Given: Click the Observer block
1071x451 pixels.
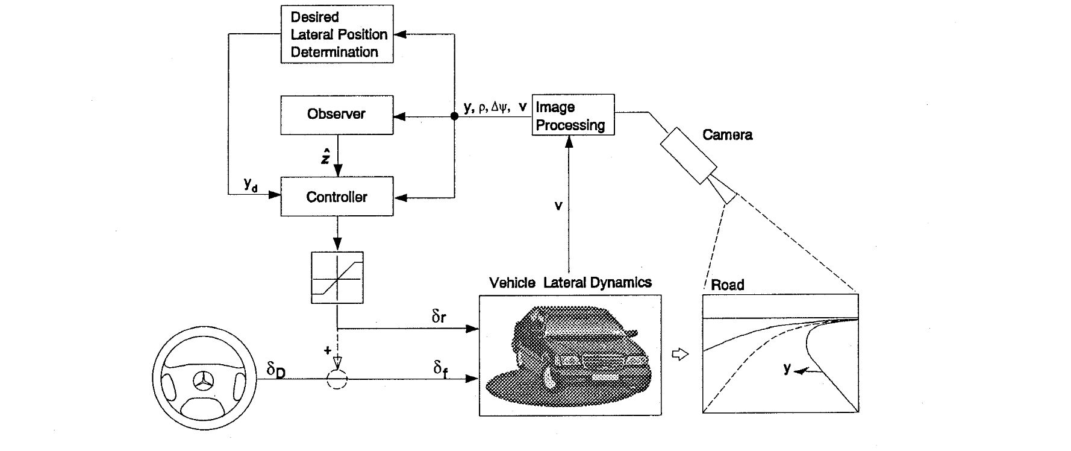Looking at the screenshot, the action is [337, 115].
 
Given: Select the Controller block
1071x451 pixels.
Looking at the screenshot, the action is [337, 197].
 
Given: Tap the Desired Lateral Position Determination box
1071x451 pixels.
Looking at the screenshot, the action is [337, 34].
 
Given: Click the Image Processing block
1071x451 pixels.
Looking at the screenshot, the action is [573, 115].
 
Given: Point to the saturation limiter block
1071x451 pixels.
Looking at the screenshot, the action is [337, 277].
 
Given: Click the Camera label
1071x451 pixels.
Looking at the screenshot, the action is [727, 134].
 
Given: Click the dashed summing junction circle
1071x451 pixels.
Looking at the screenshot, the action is [337, 379].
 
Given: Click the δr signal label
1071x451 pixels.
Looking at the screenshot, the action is [439, 316].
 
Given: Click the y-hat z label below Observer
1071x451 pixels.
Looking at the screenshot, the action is [325, 156].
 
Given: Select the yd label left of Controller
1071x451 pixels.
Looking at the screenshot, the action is [251, 184].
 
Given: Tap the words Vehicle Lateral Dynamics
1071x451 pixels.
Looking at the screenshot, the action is [570, 282].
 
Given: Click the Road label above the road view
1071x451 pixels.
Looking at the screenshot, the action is [728, 285].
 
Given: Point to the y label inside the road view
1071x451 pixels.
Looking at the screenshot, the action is [787, 368].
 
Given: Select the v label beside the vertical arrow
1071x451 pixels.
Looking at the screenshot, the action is [558, 206].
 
